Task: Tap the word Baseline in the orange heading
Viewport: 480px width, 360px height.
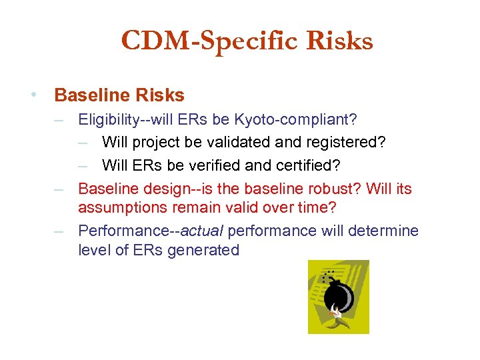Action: [x=90, y=95]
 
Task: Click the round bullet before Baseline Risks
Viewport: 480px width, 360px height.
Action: [x=33, y=95]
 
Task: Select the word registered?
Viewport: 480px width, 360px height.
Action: [x=346, y=143]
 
